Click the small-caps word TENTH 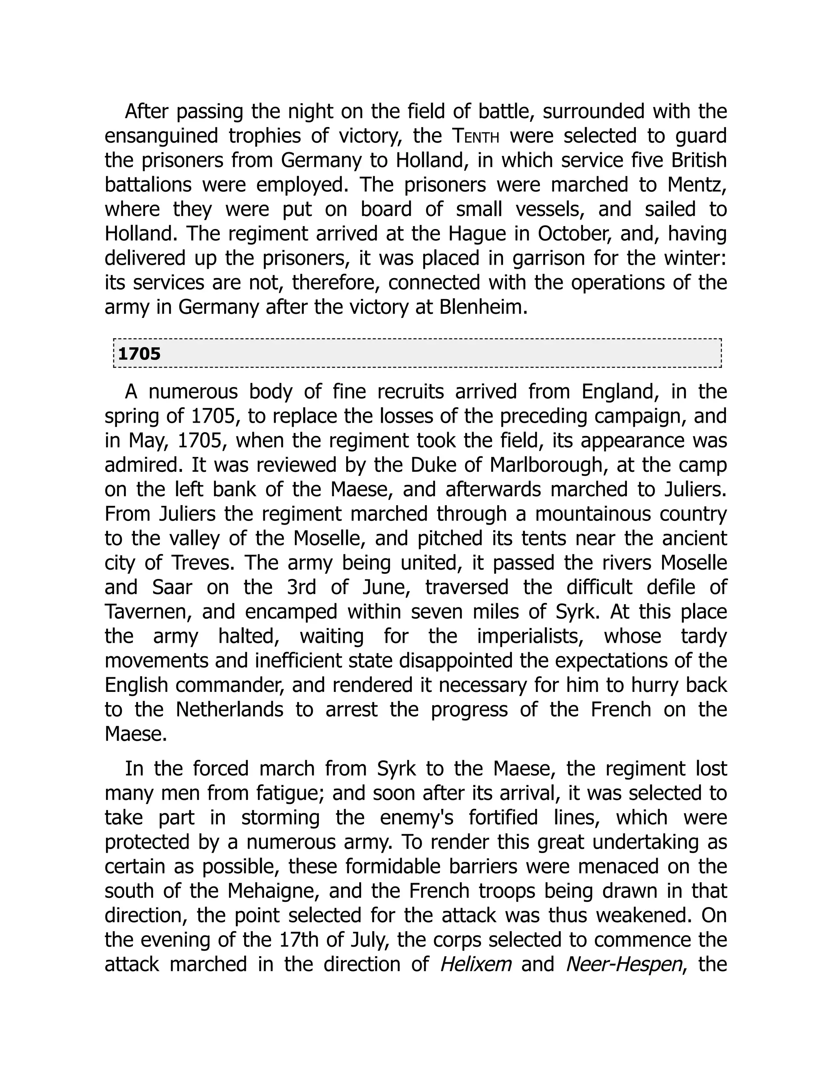click(475, 136)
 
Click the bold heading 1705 click(139, 354)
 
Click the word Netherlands click(229, 709)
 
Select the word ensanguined click(161, 136)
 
